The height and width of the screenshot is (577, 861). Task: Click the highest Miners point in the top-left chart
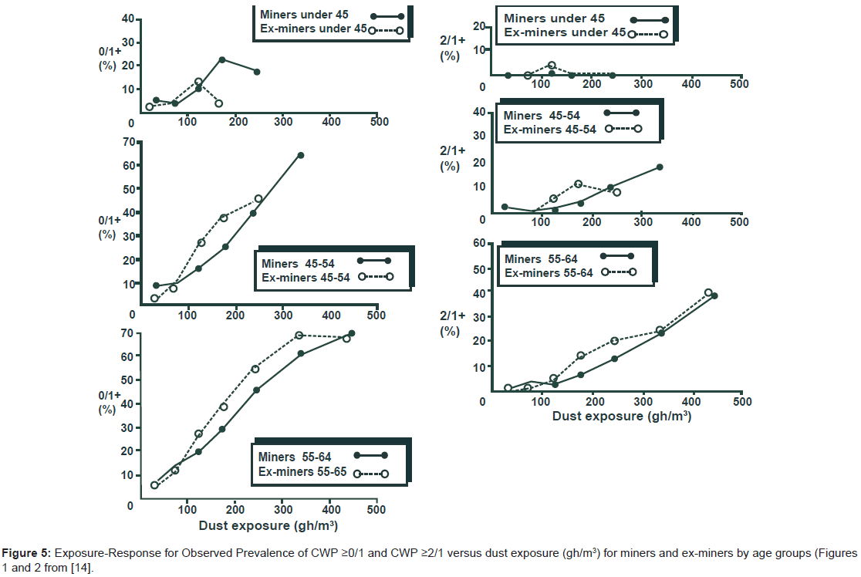coord(222,59)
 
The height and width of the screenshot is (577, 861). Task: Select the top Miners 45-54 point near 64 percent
coord(300,155)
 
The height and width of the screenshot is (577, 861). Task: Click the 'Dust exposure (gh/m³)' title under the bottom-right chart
coord(621,417)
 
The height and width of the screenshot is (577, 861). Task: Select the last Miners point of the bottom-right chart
coord(714,295)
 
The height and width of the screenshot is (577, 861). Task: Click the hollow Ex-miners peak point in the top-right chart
coord(552,66)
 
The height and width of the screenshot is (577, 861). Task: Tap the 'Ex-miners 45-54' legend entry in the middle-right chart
coord(550,129)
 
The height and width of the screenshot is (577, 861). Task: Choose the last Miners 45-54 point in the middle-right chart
coord(660,167)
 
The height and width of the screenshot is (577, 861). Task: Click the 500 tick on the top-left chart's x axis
coord(377,122)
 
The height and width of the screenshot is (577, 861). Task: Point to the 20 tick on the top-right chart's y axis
coord(478,27)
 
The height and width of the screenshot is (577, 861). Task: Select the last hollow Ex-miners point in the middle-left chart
coord(258,198)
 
